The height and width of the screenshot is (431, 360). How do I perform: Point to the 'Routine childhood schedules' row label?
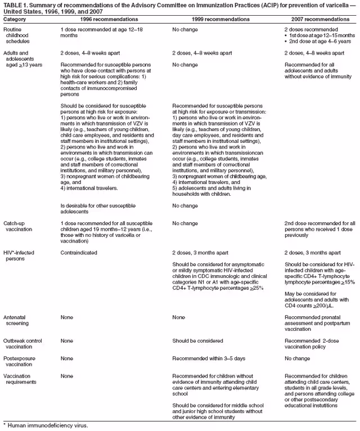pyautogui.click(x=17, y=35)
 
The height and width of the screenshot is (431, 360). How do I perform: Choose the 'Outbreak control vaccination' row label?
pyautogui.click(x=22, y=344)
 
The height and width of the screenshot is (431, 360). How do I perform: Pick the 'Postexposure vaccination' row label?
pyautogui.click(x=20, y=361)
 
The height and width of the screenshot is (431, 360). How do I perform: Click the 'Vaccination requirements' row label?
pyautogui.click(x=21, y=379)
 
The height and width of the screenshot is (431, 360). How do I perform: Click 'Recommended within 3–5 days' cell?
pyautogui.click(x=208, y=358)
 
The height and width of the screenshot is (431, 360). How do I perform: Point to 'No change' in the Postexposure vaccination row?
pyautogui.click(x=298, y=358)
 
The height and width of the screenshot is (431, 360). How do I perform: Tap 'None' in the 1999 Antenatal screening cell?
pyautogui.click(x=179, y=317)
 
